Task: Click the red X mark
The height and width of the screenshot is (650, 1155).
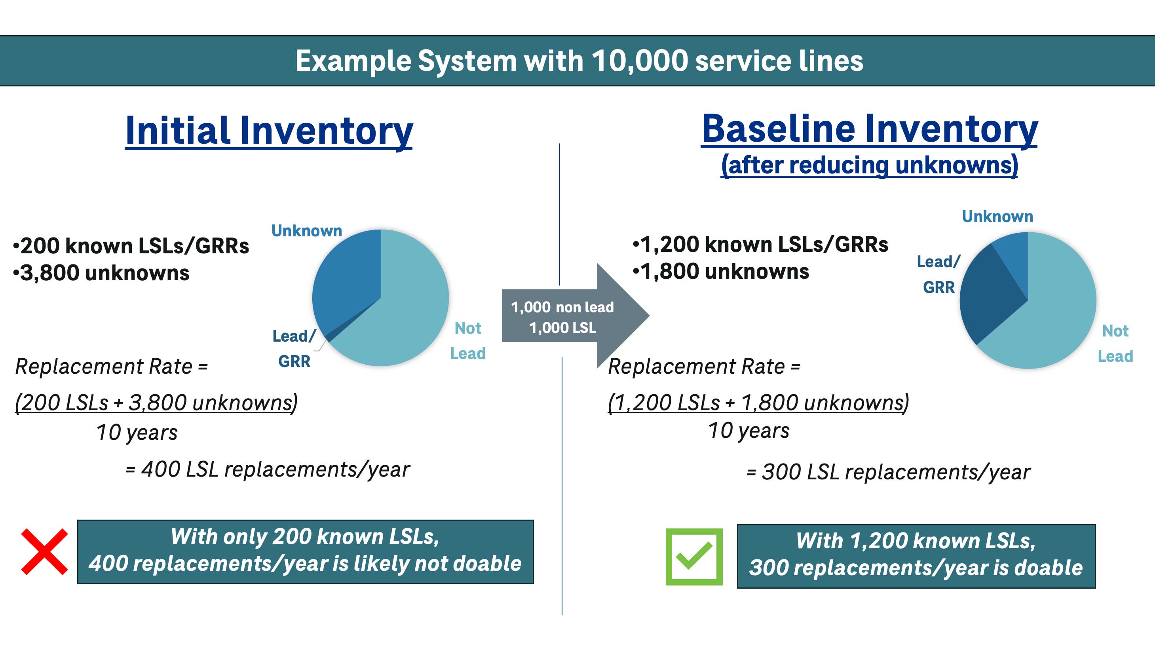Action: [x=44, y=551]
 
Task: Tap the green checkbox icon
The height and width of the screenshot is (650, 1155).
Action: [x=693, y=556]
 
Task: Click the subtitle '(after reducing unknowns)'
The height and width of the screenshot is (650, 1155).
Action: [x=869, y=165]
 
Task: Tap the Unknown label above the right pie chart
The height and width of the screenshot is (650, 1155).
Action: [x=997, y=217]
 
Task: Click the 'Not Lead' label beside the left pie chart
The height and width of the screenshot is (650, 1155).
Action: [x=467, y=341]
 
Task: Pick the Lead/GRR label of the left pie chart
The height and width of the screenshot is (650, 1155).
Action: [x=294, y=348]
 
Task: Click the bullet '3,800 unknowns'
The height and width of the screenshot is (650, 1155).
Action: [x=104, y=273]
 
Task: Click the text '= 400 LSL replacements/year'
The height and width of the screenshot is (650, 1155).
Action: [x=267, y=469]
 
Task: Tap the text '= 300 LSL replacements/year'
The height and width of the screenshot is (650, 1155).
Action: [x=888, y=472]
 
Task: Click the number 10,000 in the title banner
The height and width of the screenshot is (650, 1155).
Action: [x=640, y=61]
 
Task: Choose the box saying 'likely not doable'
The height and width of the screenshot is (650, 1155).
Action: [x=305, y=551]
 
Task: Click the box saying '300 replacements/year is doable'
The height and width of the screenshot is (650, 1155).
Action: [x=916, y=556]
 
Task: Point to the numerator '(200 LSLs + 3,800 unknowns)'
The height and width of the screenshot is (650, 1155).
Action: [x=156, y=402]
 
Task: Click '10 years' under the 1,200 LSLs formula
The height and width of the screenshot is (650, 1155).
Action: [x=748, y=430]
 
